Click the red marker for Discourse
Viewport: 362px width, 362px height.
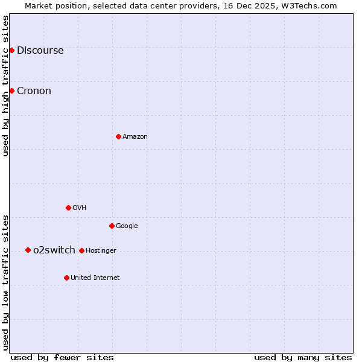point(11,50)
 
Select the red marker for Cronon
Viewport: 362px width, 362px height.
point(11,91)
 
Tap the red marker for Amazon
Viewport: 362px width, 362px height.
point(118,136)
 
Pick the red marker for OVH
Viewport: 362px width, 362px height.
point(68,208)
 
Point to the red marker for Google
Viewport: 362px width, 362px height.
point(112,226)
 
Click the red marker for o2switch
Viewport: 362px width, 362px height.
point(28,250)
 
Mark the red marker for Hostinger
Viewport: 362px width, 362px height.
point(81,250)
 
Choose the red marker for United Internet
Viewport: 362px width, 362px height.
point(66,278)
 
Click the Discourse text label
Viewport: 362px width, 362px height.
point(40,51)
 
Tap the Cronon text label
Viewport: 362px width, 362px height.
point(34,91)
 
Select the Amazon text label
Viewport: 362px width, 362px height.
point(135,137)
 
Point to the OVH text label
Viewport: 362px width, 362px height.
point(80,208)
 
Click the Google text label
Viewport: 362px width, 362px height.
point(127,226)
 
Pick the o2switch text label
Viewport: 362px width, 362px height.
point(54,250)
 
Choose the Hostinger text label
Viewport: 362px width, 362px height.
point(101,251)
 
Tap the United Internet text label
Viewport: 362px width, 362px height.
point(95,278)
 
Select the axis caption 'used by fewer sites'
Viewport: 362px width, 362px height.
point(62,357)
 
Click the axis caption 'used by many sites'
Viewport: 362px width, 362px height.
point(303,357)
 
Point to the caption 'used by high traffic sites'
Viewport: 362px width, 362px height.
point(6,86)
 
